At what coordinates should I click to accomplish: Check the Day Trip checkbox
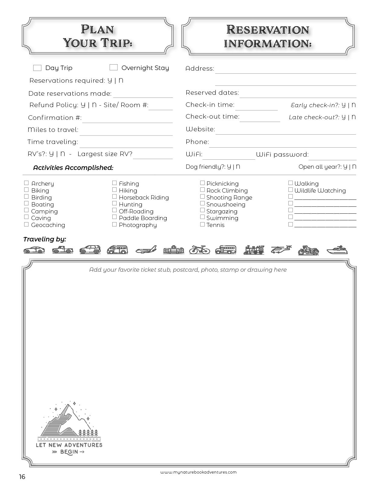pyautogui.click(x=37, y=68)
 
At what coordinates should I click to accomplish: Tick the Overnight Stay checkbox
pyautogui.click(x=114, y=68)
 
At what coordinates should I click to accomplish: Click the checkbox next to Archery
pyautogui.click(x=27, y=183)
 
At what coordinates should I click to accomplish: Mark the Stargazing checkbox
pyautogui.click(x=202, y=210)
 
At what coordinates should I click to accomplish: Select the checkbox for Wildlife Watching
pyautogui.click(x=290, y=190)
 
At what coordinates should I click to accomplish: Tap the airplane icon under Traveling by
pyautogui.click(x=146, y=250)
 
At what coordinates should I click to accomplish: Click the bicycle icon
pyautogui.click(x=199, y=250)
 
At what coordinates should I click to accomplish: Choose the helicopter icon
pyautogui.click(x=281, y=249)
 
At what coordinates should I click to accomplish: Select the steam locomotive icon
pyautogui.click(x=254, y=250)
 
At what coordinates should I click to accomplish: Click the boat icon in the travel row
pyautogui.click(x=337, y=250)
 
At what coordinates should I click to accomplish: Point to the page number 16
pyautogui.click(x=22, y=477)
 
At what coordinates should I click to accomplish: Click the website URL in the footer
pyautogui.click(x=198, y=472)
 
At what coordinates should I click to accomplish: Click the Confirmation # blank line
pyautogui.click(x=127, y=119)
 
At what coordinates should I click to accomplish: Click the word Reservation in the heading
pyautogui.click(x=268, y=30)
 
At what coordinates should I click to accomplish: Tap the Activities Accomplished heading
pyautogui.click(x=73, y=168)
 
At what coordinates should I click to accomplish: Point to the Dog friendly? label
pyautogui.click(x=205, y=167)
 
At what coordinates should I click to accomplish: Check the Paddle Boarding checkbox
pyautogui.click(x=114, y=217)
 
